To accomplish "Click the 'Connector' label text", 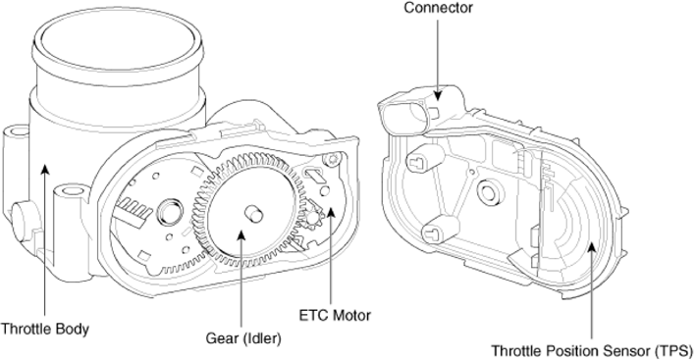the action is (x=438, y=8).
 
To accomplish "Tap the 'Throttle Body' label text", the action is (x=45, y=329).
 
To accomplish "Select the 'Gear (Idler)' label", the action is (x=243, y=338).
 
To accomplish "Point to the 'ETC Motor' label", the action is (x=335, y=315).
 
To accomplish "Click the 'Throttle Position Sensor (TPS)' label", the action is (x=591, y=351).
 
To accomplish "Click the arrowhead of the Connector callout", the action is (x=438, y=94).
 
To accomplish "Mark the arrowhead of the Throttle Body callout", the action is (x=44, y=169).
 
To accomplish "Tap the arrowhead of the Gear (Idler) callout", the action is (x=241, y=234).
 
